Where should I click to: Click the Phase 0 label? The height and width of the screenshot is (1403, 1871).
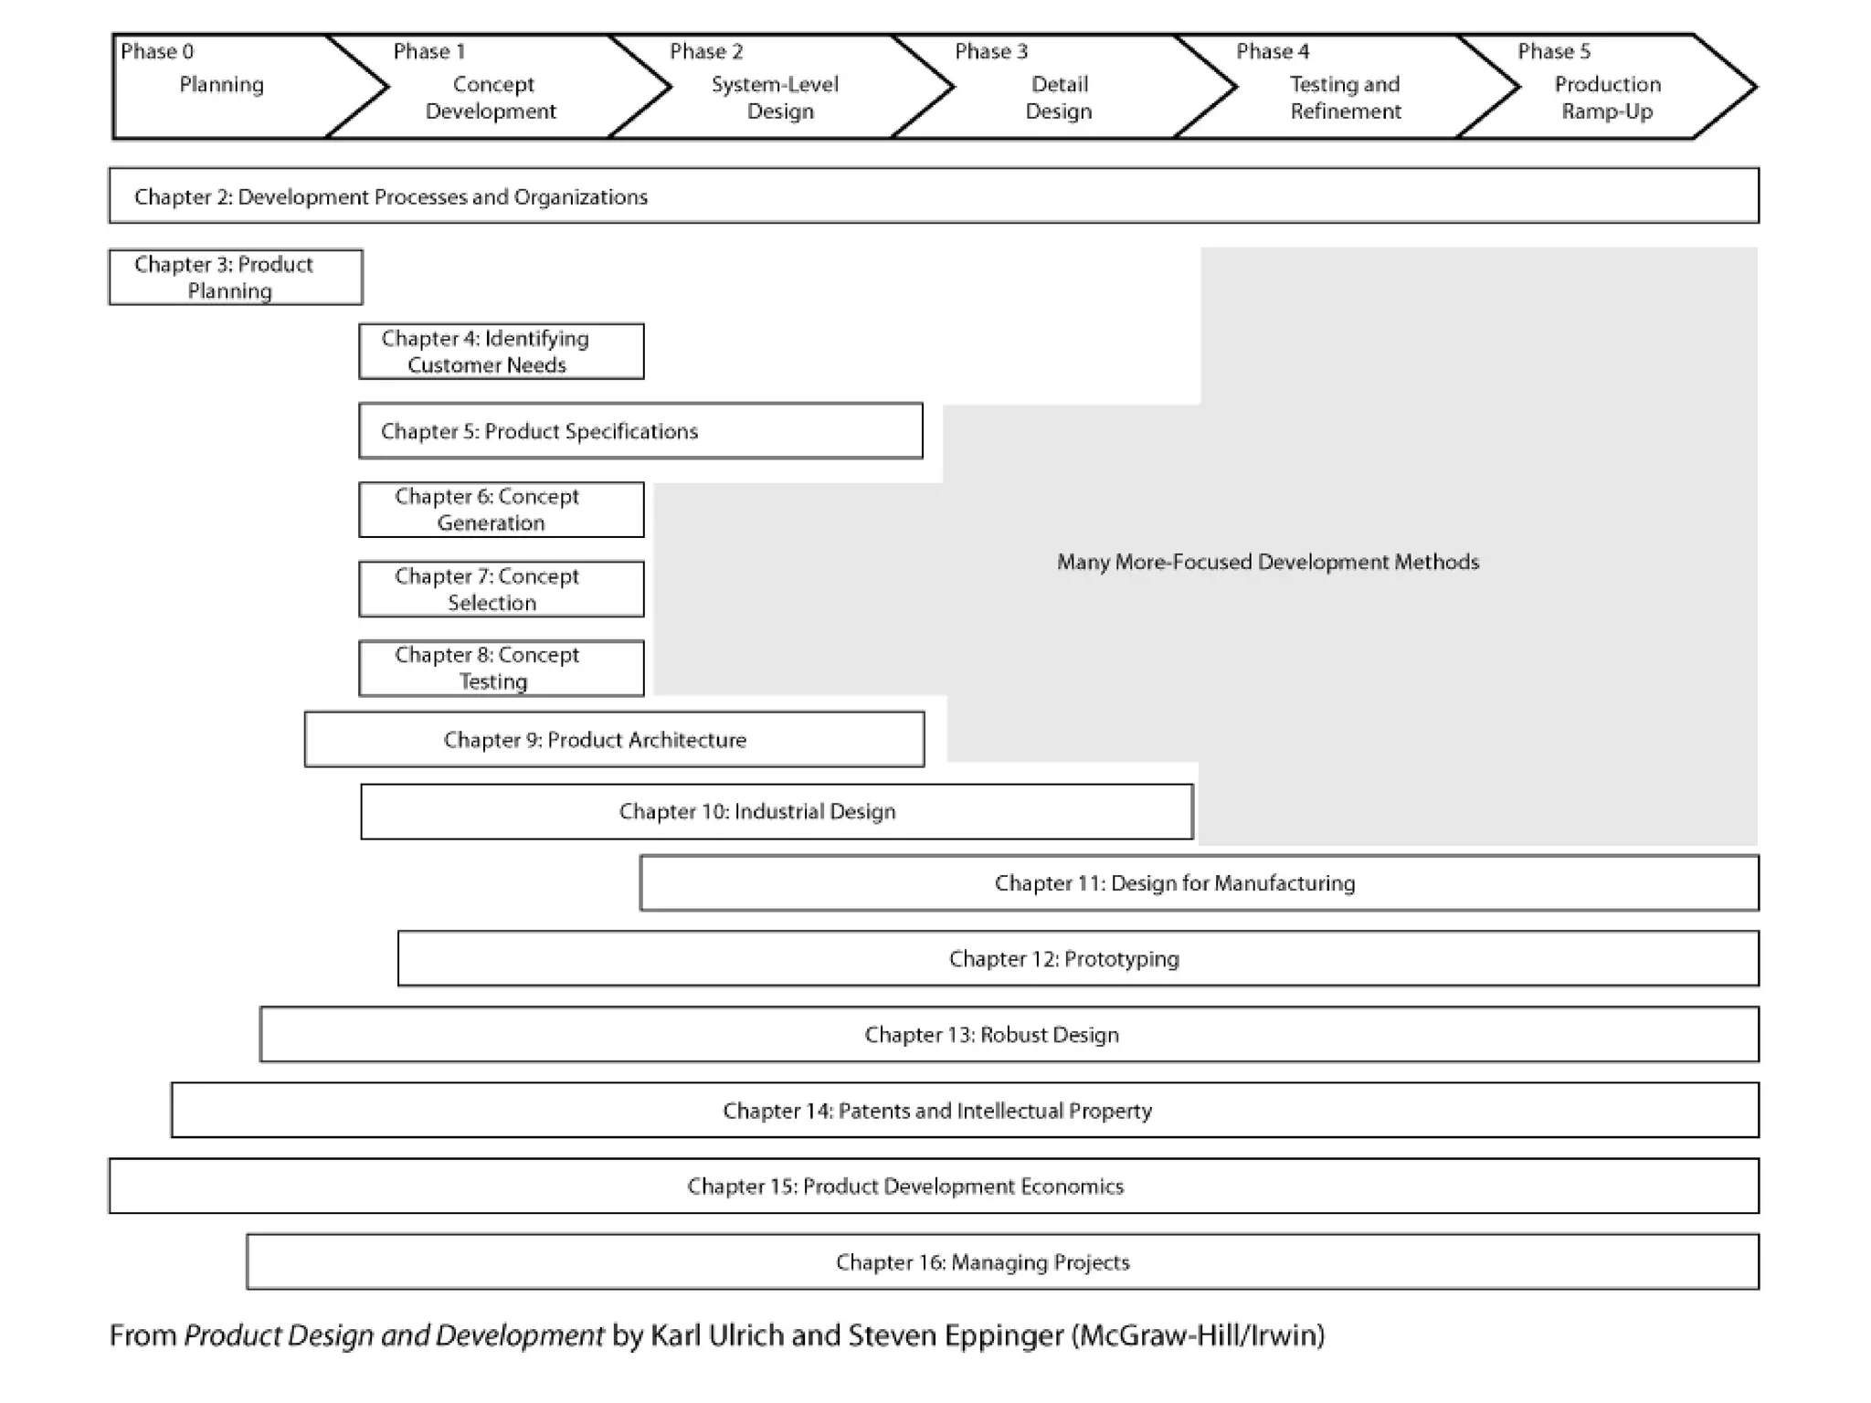click(157, 51)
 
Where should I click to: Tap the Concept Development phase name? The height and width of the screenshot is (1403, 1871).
click(492, 98)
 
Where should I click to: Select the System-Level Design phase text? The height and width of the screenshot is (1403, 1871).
click(776, 98)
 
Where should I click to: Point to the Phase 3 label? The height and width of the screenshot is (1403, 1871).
click(991, 51)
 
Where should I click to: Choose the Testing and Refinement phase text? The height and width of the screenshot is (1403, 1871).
click(1345, 98)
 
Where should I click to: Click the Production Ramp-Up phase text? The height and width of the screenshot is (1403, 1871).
click(1608, 98)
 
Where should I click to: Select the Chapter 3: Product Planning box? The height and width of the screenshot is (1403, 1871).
click(236, 277)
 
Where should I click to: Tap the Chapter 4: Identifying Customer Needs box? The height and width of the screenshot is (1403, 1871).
click(502, 351)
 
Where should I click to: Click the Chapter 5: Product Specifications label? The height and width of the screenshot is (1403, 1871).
click(539, 431)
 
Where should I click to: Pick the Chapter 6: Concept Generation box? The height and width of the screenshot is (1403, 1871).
click(502, 510)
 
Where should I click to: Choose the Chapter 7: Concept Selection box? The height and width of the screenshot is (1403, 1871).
click(502, 589)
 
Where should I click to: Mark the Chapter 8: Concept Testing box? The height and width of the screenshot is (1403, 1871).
click(502, 669)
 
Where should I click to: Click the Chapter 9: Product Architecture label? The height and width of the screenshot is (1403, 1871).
click(595, 740)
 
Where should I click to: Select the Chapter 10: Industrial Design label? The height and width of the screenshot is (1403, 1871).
click(757, 811)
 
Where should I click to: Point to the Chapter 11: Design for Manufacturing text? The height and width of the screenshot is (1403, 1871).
click(1175, 883)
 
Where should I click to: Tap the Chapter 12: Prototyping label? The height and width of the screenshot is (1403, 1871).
click(1064, 959)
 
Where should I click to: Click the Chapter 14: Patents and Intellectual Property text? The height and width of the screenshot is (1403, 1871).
click(937, 1111)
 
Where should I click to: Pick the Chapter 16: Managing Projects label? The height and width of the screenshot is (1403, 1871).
click(983, 1262)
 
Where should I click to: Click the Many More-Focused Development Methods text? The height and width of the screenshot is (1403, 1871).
click(1268, 562)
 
